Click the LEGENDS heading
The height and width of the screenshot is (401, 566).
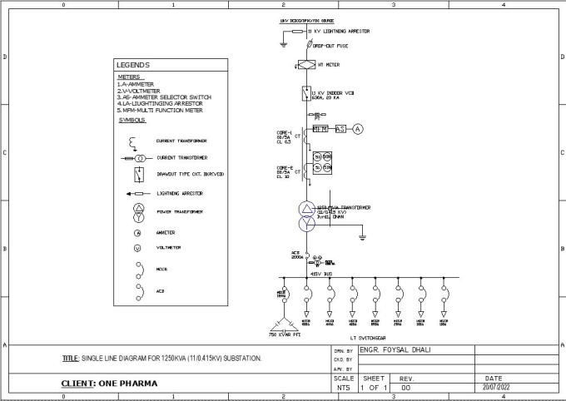pos(133,65)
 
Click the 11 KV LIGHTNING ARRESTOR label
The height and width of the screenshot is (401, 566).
pos(341,31)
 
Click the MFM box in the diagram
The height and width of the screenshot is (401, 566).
pos(321,129)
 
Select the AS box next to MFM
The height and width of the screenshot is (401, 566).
pos(340,129)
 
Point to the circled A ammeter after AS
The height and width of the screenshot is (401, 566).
pos(359,129)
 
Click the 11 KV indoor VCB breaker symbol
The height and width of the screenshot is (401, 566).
pos(306,94)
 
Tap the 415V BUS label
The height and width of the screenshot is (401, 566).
pos(321,273)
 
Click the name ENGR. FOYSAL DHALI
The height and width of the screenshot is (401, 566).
pos(398,350)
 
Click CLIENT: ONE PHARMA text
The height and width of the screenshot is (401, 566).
pos(109,384)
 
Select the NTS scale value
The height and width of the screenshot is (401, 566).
pos(343,388)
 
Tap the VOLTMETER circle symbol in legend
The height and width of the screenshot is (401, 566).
pos(138,248)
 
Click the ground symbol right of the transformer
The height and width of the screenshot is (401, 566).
pos(363,239)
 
